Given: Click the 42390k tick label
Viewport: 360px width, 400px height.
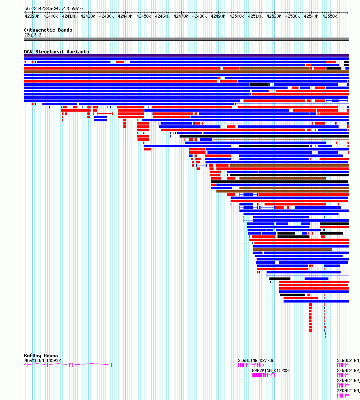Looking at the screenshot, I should [32, 16].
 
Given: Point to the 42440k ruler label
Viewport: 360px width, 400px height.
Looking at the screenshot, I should [125, 16].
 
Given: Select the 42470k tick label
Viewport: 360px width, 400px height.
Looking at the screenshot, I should [181, 16].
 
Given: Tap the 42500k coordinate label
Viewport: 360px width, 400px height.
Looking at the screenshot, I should [237, 16].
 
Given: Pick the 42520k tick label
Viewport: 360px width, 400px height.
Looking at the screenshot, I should [274, 16].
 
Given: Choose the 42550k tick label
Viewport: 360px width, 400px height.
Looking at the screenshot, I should [330, 16].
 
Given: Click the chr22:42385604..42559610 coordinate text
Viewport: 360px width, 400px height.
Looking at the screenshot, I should [53, 8].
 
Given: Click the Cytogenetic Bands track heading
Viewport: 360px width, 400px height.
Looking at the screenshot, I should [48, 30].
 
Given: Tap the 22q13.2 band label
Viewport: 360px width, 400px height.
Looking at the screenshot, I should [33, 35].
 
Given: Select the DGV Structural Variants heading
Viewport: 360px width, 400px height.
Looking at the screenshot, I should [56, 52].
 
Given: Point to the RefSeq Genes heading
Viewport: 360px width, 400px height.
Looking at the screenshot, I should [41, 356].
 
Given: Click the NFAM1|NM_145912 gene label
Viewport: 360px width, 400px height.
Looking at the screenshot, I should [42, 360].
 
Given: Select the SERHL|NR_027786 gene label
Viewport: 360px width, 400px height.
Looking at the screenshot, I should [256, 360].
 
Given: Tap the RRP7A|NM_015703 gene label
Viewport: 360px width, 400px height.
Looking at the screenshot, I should [270, 370].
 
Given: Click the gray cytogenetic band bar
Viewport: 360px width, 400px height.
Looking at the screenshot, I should [186, 39].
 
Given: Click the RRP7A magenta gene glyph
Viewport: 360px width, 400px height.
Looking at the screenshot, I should [263, 375].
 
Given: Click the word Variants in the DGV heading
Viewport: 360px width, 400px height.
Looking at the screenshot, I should [77, 52].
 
